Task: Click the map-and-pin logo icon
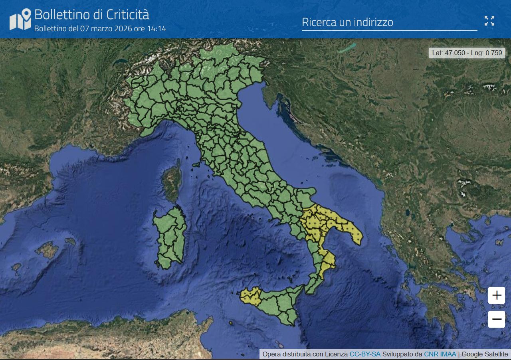point(20,19)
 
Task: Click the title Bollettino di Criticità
point(91,14)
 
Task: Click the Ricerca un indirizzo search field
point(389,22)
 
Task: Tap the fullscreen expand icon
point(489,21)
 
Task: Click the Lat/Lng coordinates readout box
point(467,53)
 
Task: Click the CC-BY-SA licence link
point(365,354)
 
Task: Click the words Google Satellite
point(485,354)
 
